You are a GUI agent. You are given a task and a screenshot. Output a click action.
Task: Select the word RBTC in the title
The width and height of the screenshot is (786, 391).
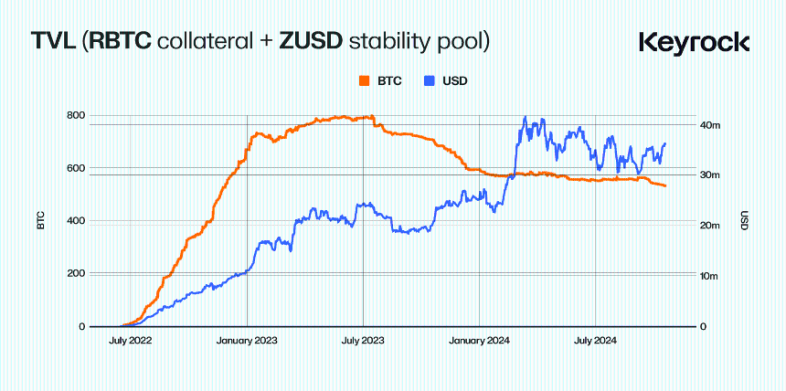coord(122,41)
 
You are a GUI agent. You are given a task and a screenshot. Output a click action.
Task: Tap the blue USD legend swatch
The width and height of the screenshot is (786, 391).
coord(428,80)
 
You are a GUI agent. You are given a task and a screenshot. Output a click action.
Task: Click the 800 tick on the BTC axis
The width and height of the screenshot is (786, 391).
coord(76,115)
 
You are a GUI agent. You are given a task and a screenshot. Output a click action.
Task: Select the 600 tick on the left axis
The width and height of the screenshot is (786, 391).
coord(76,168)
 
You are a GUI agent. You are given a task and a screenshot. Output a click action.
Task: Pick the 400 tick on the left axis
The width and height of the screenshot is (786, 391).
coord(76,221)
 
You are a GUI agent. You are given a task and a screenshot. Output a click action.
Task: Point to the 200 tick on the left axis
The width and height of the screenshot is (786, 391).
coord(76,274)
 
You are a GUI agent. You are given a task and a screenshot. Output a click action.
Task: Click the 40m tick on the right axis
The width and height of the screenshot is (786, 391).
coord(710,124)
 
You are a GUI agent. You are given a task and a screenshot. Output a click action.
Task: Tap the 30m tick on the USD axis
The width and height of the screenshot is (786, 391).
coord(710,174)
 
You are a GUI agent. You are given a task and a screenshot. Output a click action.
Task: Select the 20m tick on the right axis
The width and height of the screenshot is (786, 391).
coord(710,226)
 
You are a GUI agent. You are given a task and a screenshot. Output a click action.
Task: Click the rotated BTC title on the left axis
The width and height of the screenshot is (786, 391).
coord(41,221)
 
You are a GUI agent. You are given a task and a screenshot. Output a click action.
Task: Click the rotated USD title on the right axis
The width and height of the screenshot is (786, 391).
coord(744,221)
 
